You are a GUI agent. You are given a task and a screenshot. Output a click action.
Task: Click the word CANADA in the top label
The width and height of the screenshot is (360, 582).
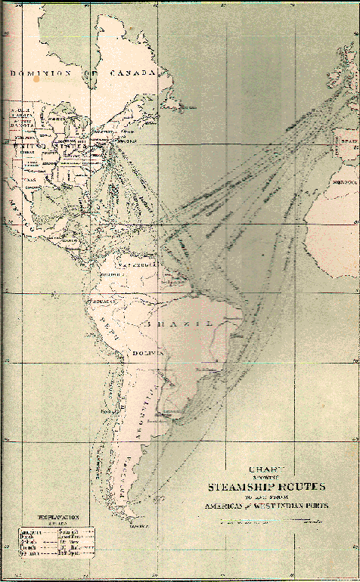coord(135,73)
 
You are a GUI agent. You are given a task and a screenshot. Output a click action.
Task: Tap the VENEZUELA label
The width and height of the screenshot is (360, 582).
coord(136,267)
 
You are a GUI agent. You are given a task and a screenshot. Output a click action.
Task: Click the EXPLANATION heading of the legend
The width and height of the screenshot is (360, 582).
coord(45,522)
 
